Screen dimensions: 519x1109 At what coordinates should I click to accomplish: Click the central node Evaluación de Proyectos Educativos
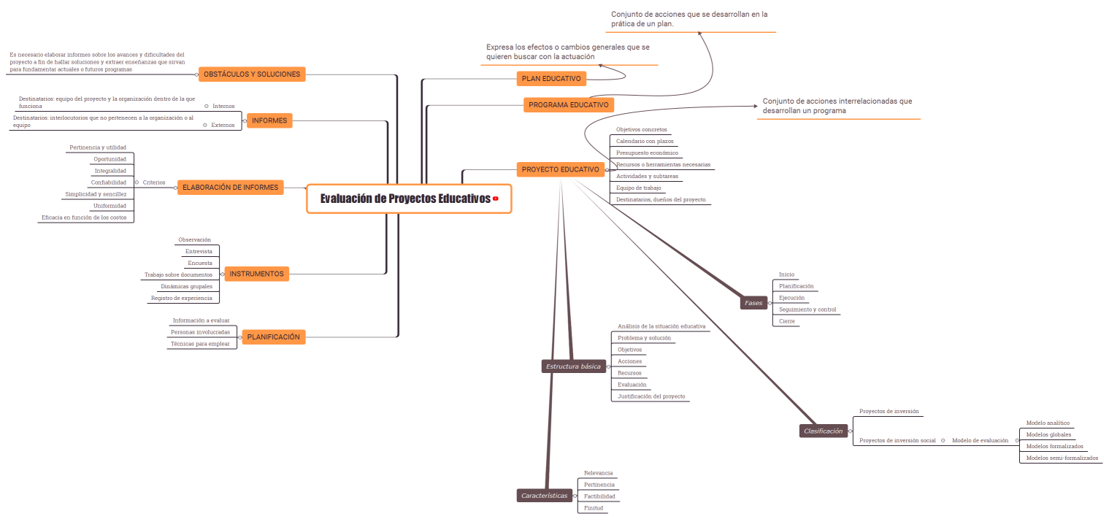405,199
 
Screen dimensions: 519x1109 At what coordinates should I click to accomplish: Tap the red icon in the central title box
496,199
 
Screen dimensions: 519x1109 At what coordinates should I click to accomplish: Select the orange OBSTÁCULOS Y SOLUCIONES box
252,74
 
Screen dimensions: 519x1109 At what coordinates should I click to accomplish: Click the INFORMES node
269,120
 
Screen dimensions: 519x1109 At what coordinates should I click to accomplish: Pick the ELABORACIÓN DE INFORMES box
230,188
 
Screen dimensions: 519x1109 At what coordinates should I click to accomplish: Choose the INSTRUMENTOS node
256,274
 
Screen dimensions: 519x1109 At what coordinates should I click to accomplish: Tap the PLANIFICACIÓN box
273,337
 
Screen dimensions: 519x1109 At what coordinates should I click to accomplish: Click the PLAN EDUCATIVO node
551,78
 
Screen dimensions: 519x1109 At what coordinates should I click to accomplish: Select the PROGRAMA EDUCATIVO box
569,105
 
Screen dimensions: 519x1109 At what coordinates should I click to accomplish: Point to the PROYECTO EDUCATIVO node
560,169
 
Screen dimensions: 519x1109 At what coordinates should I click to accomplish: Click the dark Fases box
753,302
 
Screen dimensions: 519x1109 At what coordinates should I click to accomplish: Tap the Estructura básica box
574,366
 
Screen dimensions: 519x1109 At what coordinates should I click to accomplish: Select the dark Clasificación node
823,431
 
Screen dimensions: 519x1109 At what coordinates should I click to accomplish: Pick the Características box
544,496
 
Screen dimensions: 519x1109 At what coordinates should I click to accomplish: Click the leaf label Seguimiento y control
807,310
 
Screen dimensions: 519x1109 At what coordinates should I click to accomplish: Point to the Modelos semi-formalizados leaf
1062,458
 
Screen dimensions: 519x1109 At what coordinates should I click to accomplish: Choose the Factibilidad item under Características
599,496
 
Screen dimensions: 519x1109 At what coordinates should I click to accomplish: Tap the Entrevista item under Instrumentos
199,251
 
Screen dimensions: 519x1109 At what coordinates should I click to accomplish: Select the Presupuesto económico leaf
647,153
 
